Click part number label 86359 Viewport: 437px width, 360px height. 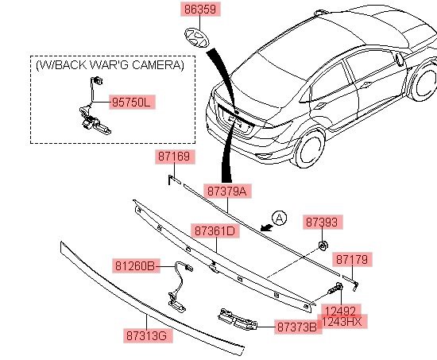pyautogui.click(x=200, y=10)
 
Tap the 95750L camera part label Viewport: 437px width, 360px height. pyautogui.click(x=132, y=103)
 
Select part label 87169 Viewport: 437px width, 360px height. pyautogui.click(x=175, y=157)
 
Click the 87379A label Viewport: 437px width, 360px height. pyautogui.click(x=227, y=192)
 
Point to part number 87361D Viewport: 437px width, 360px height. pyautogui.click(x=215, y=230)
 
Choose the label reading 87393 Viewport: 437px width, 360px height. pyautogui.click(x=322, y=223)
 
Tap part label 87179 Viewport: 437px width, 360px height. pyautogui.click(x=352, y=260)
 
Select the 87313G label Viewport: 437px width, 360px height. pyautogui.click(x=148, y=335)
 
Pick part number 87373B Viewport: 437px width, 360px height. pyautogui.click(x=298, y=327)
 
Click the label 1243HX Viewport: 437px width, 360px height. pyautogui.click(x=342, y=322)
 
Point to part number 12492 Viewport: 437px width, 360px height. pyautogui.click(x=341, y=310)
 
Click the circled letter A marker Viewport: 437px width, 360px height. pyautogui.click(x=280, y=218)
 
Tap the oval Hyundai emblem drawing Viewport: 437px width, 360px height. pyautogui.click(x=196, y=38)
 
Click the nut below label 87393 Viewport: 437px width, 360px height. pyautogui.click(x=323, y=246)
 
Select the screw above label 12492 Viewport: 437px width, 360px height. pyautogui.click(x=335, y=288)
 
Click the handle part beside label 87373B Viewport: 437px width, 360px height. pyautogui.click(x=238, y=319)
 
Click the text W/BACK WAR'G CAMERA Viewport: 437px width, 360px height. pyautogui.click(x=110, y=65)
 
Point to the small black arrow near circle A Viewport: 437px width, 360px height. pyautogui.click(x=266, y=227)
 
